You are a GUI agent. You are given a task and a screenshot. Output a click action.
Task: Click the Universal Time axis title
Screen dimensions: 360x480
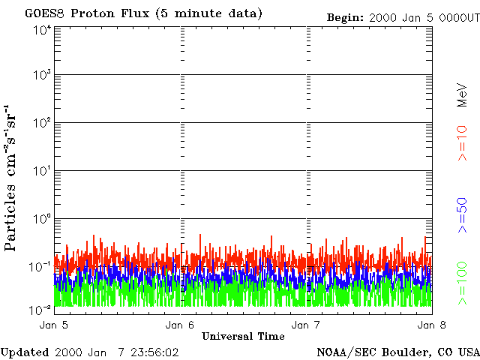(243, 336)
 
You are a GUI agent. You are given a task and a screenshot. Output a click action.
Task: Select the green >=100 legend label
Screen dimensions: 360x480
(463, 282)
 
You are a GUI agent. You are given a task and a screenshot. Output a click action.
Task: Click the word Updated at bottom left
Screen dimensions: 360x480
(25, 352)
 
